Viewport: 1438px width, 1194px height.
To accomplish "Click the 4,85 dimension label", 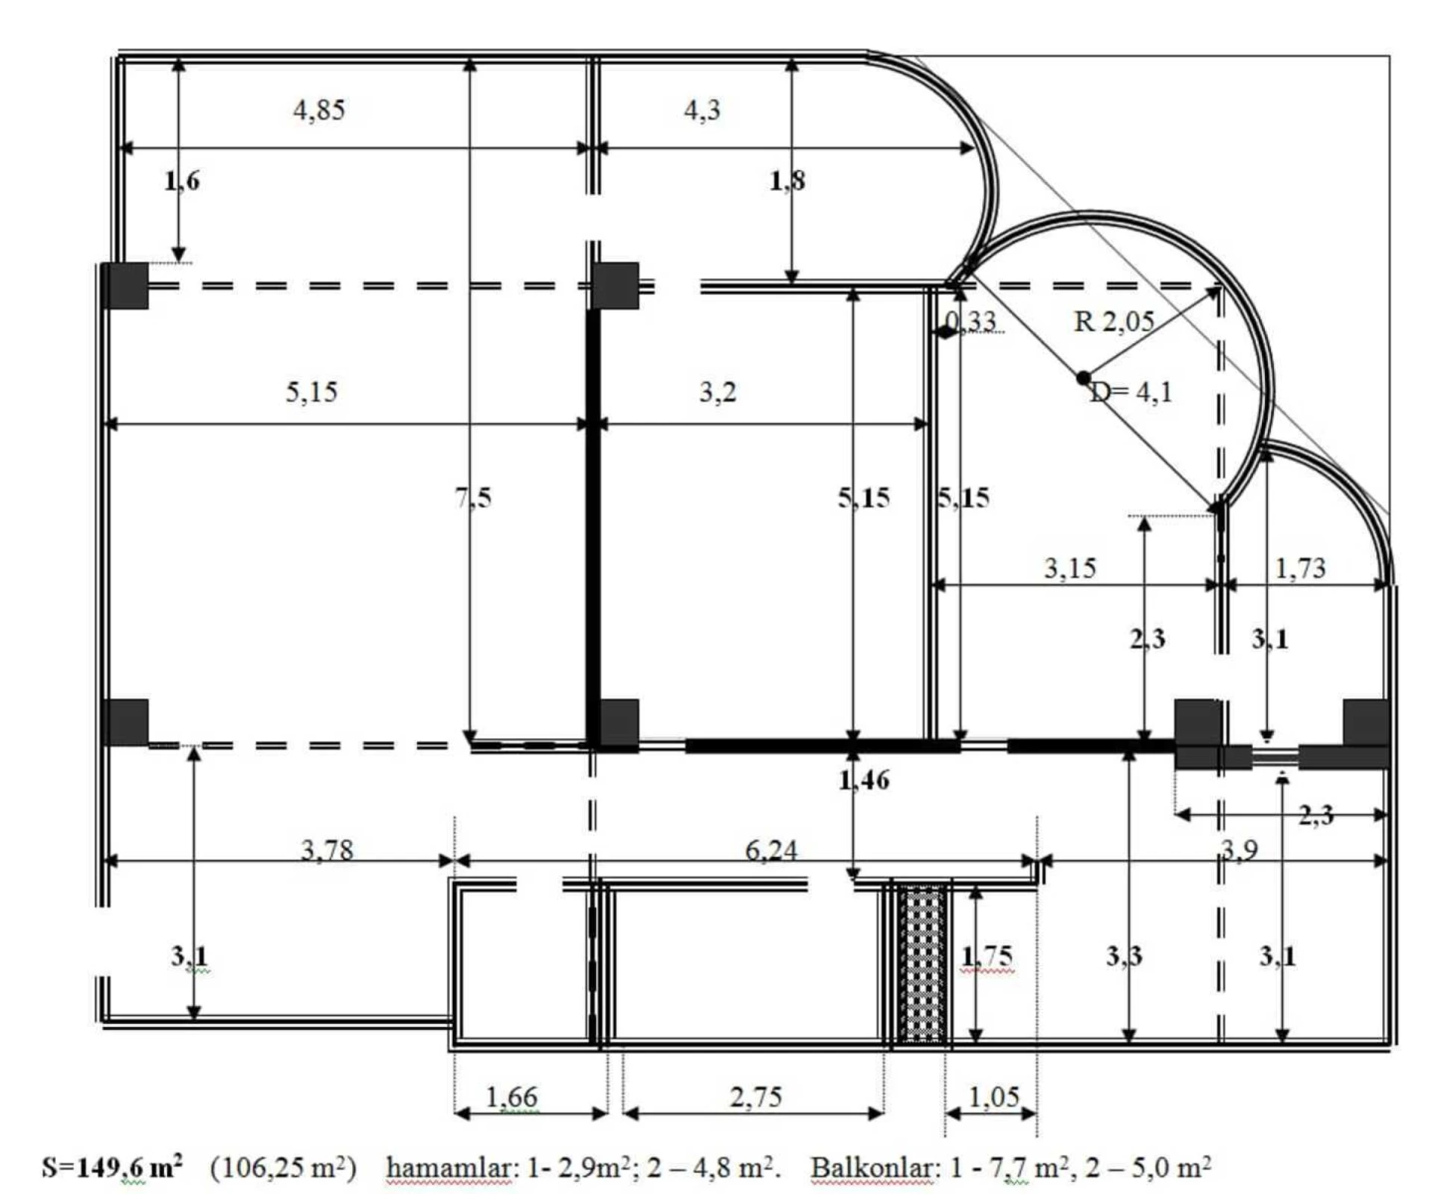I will pyautogui.click(x=319, y=110).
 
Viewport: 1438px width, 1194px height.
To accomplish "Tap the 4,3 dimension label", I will pyautogui.click(x=701, y=110).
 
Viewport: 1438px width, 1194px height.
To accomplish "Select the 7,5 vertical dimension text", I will pyautogui.click(x=473, y=497).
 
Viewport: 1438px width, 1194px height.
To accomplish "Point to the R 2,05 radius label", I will pyautogui.click(x=1113, y=322).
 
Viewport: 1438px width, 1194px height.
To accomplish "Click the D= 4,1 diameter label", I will pyautogui.click(x=1131, y=392).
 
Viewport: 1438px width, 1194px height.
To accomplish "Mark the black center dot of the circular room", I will pyautogui.click(x=1083, y=378).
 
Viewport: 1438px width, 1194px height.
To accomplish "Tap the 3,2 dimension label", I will pyautogui.click(x=717, y=392).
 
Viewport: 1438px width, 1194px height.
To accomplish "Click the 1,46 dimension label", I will pyautogui.click(x=863, y=780).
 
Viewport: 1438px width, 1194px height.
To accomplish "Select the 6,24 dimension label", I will pyautogui.click(x=771, y=850).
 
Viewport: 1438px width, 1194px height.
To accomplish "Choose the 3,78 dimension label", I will pyautogui.click(x=327, y=850).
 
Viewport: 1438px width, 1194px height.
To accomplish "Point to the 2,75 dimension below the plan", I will pyautogui.click(x=755, y=1097).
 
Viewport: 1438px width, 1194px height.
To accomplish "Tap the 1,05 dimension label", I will pyautogui.click(x=993, y=1097).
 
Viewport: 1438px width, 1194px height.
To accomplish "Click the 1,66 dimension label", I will pyautogui.click(x=511, y=1097).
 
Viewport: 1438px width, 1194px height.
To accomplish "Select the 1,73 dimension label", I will pyautogui.click(x=1300, y=569).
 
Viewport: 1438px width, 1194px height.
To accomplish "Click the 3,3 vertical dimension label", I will pyautogui.click(x=1123, y=956).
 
